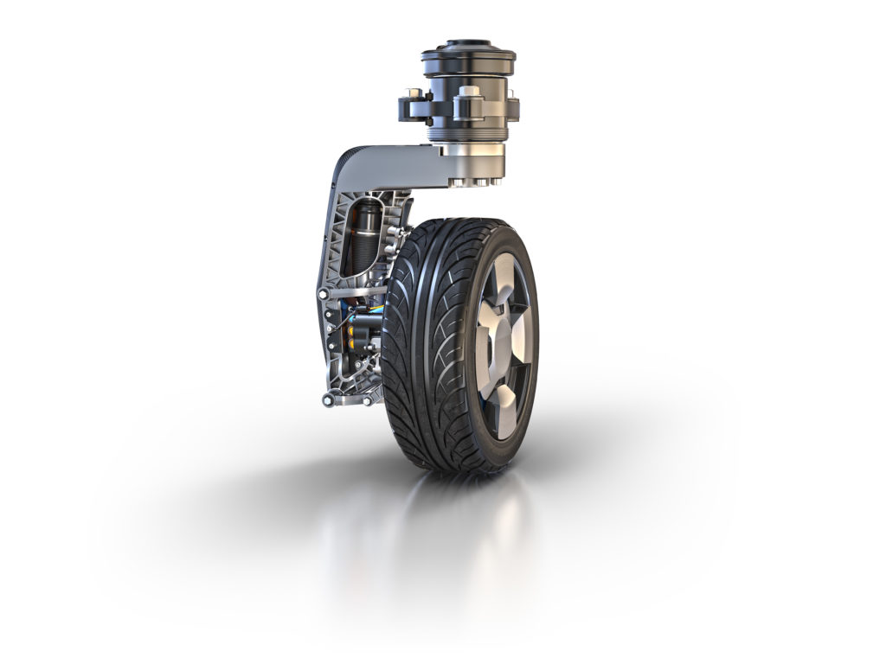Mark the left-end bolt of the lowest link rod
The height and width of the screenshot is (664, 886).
pyautogui.click(x=327, y=399)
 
